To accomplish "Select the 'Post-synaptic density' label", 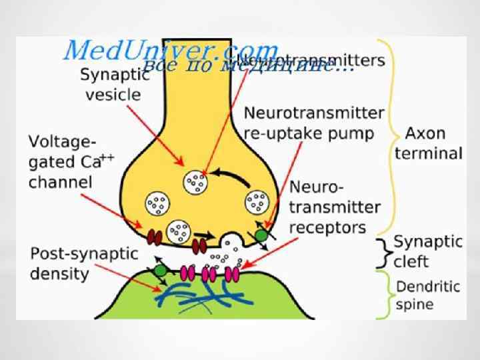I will coord(84,264).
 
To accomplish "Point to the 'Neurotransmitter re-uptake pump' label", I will coord(314,123).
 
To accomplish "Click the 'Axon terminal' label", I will coord(428,143).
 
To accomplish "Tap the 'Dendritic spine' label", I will coord(427,296).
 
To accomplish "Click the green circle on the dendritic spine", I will coord(161,269).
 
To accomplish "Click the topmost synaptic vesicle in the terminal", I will coord(196,180).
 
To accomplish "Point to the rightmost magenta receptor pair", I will coord(232,274).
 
